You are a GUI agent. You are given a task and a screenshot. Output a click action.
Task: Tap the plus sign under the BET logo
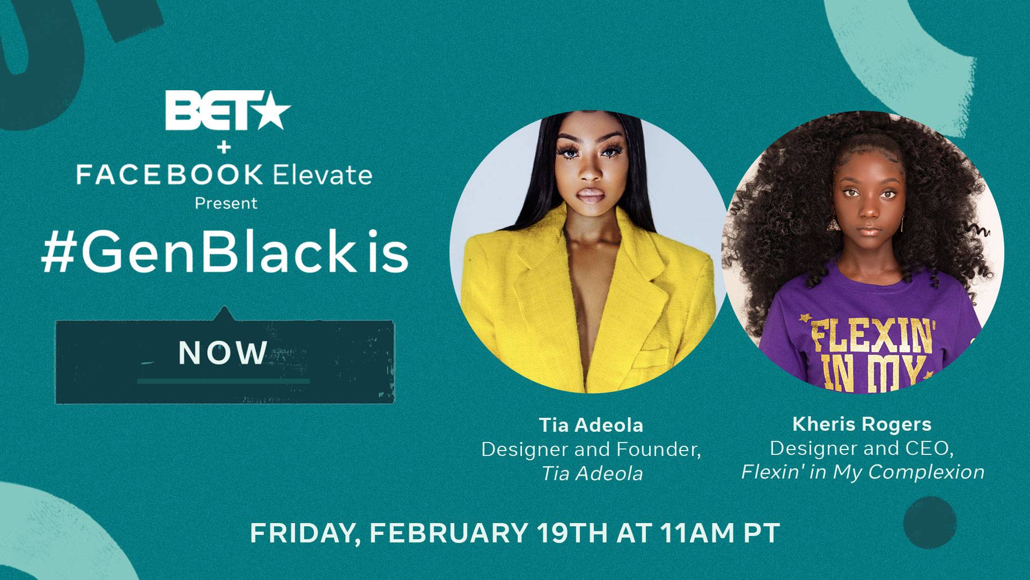(x=225, y=146)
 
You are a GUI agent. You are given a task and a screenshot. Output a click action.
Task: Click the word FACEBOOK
(x=170, y=175)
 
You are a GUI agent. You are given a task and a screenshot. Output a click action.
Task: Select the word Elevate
(x=322, y=175)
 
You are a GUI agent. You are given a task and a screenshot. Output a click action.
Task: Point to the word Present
(x=226, y=203)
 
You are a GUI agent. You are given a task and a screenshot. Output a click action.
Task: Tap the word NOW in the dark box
(x=223, y=353)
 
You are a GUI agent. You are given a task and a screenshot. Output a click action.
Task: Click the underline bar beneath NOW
(x=223, y=381)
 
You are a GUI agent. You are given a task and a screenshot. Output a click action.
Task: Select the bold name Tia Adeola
(x=591, y=425)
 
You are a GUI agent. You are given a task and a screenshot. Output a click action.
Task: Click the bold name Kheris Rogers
(x=862, y=424)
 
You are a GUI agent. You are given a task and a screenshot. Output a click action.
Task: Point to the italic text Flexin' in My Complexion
(x=863, y=472)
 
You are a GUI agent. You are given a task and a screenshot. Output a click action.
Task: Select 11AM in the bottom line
(x=697, y=533)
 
